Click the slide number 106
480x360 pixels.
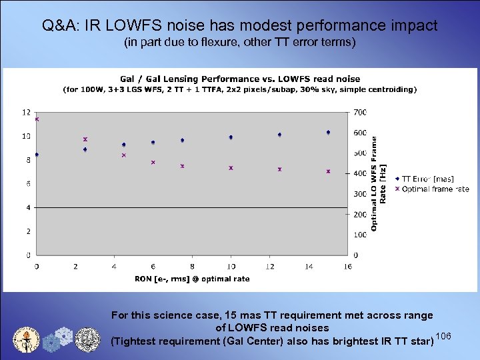444,335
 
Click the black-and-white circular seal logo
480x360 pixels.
87,338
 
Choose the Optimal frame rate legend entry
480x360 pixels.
433,189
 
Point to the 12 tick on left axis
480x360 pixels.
26,112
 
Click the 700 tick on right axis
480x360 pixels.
360,112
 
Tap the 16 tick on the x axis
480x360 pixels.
347,267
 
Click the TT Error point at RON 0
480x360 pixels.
37,155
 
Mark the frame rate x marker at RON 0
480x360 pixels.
37,119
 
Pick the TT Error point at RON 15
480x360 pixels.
328,133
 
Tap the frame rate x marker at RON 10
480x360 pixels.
231,168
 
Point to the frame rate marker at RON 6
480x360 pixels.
153,162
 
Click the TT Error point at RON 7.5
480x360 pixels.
182,141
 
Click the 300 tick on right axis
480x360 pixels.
360,194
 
